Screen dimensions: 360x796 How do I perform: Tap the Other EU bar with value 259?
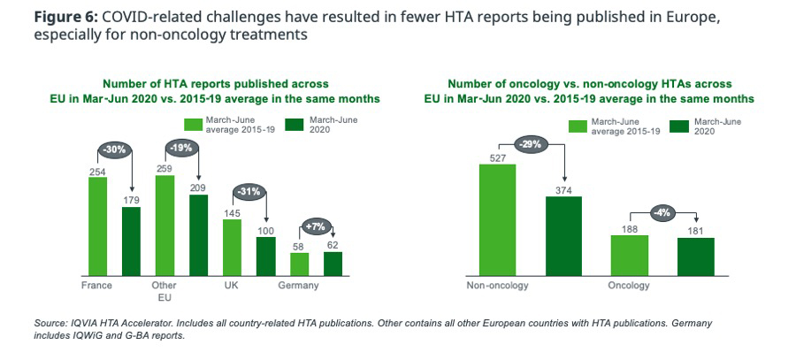point(164,226)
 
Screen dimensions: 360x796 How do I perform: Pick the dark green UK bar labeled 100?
point(265,257)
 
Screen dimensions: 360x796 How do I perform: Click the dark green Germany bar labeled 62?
point(333,264)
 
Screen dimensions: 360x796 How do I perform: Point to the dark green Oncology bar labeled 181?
point(695,257)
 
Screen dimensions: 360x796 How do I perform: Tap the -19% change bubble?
point(181,149)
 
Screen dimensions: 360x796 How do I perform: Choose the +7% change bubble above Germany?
point(316,226)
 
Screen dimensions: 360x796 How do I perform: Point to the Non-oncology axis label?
point(497,287)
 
